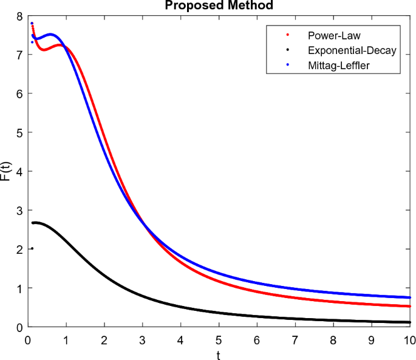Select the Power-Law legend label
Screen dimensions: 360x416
tap(334, 36)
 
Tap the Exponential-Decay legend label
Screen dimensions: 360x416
tap(352, 50)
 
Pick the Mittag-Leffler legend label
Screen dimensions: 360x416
tap(338, 65)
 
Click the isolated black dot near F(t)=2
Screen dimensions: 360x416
tap(32, 248)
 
